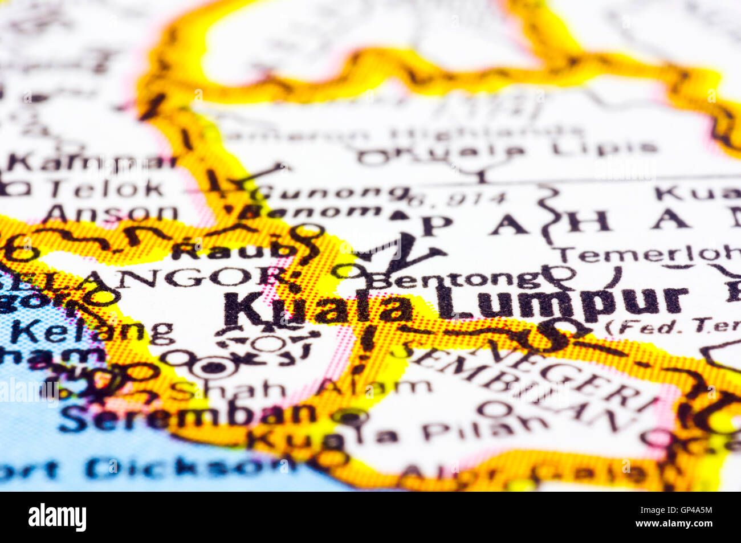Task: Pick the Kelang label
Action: pos(91,330)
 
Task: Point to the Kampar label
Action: pos(91,162)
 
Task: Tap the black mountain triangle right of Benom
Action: pos(400,215)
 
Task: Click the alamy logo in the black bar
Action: pos(58,517)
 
